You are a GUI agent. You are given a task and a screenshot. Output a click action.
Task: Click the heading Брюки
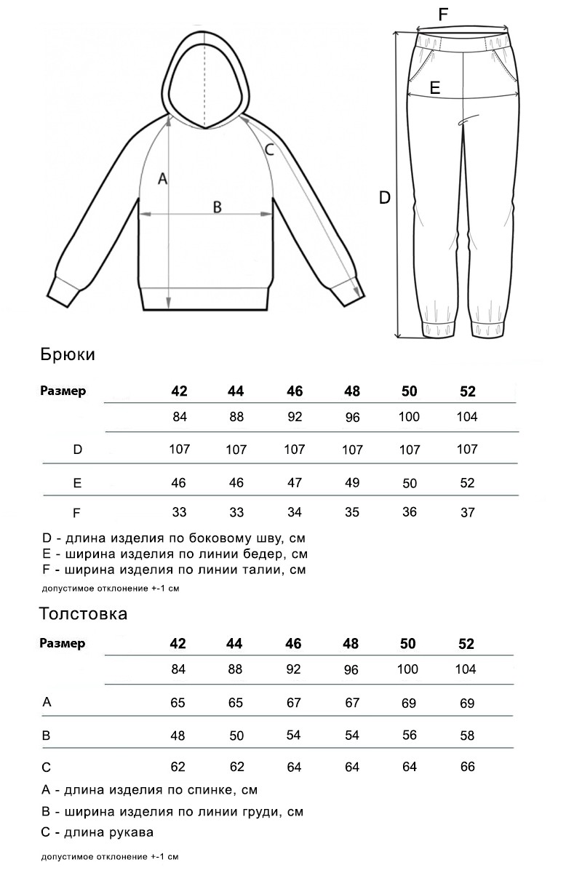pyautogui.click(x=68, y=355)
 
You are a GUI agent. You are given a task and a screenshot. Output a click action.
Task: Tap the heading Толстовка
pyautogui.click(x=83, y=613)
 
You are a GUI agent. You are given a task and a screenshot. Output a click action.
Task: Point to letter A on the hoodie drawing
pyautogui.click(x=163, y=178)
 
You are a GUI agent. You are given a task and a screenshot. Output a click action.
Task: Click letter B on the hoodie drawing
pyautogui.click(x=217, y=207)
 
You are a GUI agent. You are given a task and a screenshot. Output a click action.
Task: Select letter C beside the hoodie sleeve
pyautogui.click(x=268, y=151)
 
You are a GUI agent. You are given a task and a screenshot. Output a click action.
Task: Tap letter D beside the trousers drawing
pyautogui.click(x=385, y=197)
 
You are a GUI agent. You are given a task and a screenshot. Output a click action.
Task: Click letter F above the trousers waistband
pyautogui.click(x=443, y=14)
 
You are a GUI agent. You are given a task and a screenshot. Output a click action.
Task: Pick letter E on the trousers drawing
pyautogui.click(x=435, y=88)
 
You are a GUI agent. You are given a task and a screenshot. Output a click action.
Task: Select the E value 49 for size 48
pyautogui.click(x=352, y=483)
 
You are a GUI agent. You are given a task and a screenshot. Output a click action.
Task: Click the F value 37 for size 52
pyautogui.click(x=468, y=513)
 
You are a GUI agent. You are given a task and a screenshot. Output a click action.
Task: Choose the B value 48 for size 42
pyautogui.click(x=178, y=735)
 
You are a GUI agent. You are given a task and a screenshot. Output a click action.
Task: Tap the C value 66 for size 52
pyautogui.click(x=467, y=767)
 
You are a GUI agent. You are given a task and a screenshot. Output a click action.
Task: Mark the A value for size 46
pyautogui.click(x=294, y=703)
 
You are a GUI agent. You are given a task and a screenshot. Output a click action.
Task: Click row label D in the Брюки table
pyautogui.click(x=78, y=450)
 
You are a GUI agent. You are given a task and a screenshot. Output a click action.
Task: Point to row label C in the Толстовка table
pyautogui.click(x=47, y=766)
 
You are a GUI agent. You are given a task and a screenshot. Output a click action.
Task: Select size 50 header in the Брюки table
pyautogui.click(x=410, y=391)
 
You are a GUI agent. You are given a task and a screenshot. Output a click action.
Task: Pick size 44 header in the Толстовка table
pyautogui.click(x=236, y=644)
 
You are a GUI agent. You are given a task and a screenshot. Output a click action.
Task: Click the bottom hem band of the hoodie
pyautogui.click(x=206, y=299)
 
